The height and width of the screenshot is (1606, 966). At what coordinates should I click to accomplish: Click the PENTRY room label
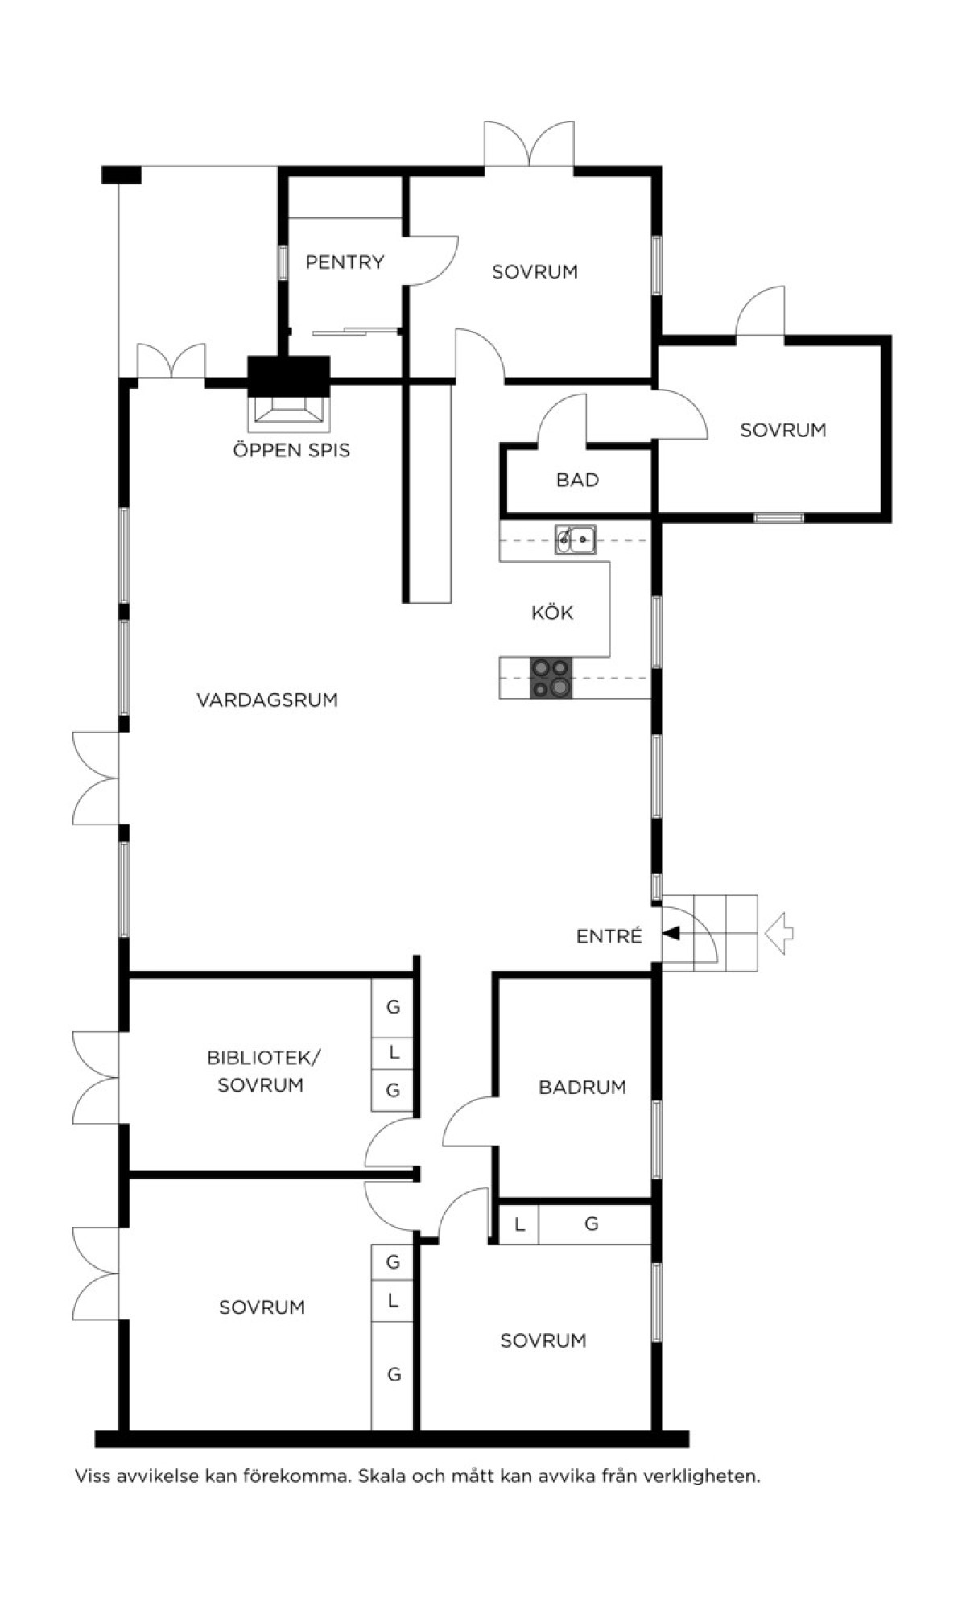(x=345, y=262)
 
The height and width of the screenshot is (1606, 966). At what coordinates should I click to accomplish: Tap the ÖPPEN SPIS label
(x=291, y=450)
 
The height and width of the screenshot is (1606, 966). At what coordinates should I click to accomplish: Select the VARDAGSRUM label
(x=267, y=700)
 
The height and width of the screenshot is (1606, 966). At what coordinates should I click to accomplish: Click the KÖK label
(x=552, y=613)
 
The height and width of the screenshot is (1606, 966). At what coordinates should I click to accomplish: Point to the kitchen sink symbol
(x=575, y=539)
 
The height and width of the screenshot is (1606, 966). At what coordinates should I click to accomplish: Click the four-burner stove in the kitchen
(x=551, y=678)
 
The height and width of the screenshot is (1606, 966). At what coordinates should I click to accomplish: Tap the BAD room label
(x=578, y=480)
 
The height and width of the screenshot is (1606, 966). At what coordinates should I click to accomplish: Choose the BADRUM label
(x=583, y=1087)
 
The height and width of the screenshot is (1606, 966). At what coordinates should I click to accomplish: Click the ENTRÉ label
(x=609, y=935)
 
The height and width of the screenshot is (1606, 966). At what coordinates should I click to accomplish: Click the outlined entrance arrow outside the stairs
(x=778, y=934)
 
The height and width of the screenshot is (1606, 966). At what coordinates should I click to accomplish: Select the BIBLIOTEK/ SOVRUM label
(x=262, y=1071)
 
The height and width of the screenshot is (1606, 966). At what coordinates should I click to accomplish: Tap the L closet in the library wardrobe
(x=393, y=1052)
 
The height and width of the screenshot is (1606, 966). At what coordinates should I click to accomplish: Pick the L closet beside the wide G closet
(x=519, y=1224)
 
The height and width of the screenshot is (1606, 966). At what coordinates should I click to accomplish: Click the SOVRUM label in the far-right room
(x=783, y=430)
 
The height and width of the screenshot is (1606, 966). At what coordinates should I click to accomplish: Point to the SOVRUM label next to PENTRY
(x=535, y=272)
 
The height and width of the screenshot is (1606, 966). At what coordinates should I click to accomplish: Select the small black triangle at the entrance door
(x=671, y=934)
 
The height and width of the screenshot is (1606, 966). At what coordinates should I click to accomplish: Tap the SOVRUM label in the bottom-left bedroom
(x=262, y=1307)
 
